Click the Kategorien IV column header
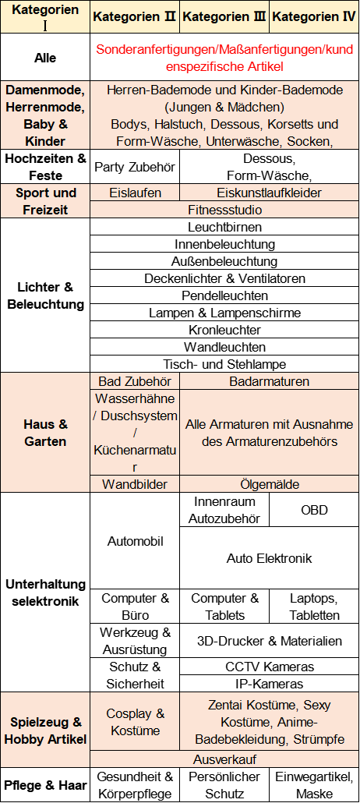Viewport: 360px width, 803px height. click(x=314, y=16)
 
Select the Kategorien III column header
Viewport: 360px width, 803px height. click(x=224, y=16)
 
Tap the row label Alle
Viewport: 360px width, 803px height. click(x=45, y=58)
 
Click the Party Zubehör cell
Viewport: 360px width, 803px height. click(x=135, y=167)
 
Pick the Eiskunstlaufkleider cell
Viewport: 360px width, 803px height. click(x=269, y=193)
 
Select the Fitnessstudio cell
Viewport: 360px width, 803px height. click(x=225, y=210)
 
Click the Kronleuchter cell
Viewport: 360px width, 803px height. click(x=225, y=330)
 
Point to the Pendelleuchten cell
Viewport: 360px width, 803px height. click(x=225, y=295)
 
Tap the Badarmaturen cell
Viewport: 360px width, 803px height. click(x=270, y=381)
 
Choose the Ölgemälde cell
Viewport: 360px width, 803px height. click(x=270, y=484)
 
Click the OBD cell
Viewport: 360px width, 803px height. click(x=314, y=510)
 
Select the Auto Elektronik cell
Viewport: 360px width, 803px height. click(x=270, y=557)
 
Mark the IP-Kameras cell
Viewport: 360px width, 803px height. click(x=270, y=684)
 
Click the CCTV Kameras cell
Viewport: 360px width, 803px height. click(x=270, y=667)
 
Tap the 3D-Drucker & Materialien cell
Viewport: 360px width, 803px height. click(x=270, y=641)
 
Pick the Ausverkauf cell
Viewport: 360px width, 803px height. click(x=225, y=759)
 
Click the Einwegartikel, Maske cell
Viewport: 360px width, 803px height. click(x=314, y=785)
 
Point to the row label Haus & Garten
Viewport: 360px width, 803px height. click(x=45, y=433)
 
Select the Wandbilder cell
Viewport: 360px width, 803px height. click(x=135, y=484)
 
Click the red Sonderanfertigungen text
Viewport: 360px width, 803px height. click(x=225, y=58)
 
